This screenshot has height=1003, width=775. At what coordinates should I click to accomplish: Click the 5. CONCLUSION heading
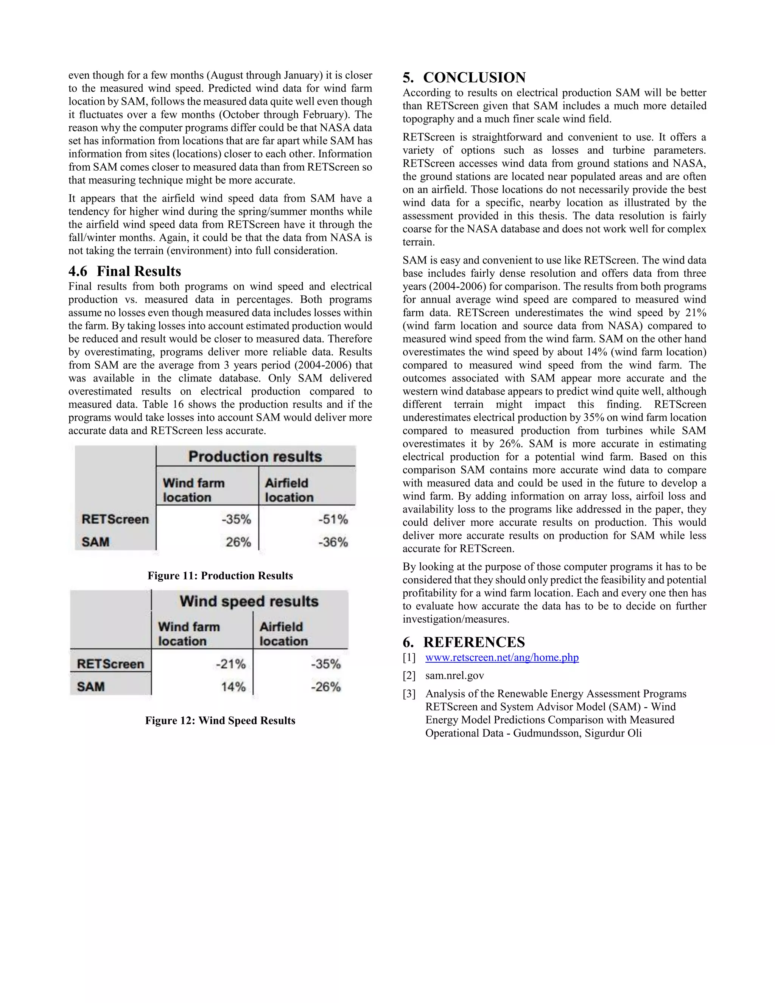[x=464, y=77]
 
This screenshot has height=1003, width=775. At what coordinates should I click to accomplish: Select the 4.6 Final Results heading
[x=125, y=271]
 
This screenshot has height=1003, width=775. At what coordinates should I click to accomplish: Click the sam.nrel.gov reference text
[x=454, y=675]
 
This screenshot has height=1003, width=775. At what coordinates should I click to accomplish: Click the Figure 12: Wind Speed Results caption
[x=220, y=720]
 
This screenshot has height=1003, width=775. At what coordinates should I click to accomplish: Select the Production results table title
[x=255, y=456]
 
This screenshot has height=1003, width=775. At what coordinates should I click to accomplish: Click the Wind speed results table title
[x=249, y=601]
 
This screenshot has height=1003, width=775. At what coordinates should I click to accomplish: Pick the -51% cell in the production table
[x=333, y=519]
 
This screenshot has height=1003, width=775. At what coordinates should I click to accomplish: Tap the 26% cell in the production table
[x=238, y=542]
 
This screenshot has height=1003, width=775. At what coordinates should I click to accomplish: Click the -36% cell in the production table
[x=333, y=542]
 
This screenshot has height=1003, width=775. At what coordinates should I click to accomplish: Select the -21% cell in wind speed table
[x=231, y=664]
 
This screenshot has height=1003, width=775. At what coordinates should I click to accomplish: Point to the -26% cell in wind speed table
[x=325, y=687]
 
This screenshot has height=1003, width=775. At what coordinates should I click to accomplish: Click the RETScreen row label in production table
[x=115, y=519]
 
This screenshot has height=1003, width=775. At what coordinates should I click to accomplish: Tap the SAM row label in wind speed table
[x=91, y=687]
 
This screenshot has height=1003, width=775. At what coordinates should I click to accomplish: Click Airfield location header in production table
[x=289, y=490]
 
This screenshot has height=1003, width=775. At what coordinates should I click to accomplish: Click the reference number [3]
[x=409, y=693]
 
